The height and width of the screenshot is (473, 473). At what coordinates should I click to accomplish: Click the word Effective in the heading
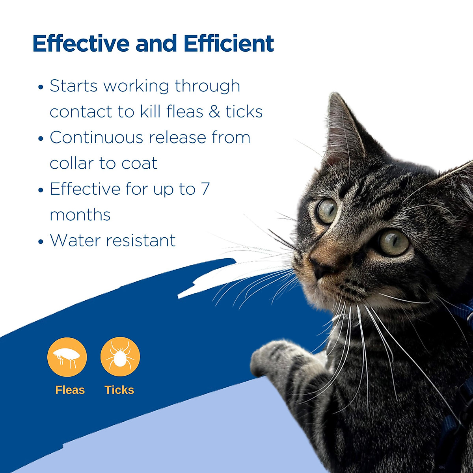point(81,43)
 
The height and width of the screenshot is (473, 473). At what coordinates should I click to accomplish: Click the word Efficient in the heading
point(229,43)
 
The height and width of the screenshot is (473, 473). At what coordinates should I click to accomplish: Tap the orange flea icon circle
point(67,357)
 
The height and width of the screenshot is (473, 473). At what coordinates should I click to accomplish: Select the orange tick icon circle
point(120,357)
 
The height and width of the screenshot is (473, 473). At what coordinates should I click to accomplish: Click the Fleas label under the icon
point(70,390)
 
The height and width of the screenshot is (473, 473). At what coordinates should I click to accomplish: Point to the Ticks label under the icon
point(119,390)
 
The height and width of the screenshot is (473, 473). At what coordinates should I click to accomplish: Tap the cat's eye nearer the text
point(327,211)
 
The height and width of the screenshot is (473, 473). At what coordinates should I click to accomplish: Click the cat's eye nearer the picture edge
point(393,241)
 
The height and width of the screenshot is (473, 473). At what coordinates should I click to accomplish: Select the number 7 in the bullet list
point(205,189)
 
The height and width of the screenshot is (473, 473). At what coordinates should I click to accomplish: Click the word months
point(80,215)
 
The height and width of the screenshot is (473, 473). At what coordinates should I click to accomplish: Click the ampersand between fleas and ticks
point(214,112)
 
